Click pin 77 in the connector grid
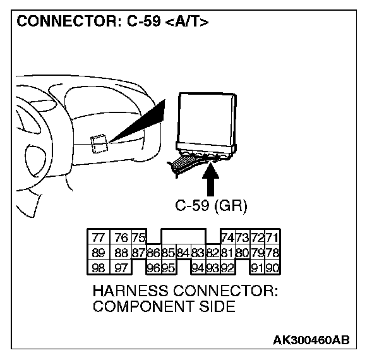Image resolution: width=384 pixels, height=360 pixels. click(98, 237)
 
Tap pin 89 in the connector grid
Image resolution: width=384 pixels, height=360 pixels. click(98, 253)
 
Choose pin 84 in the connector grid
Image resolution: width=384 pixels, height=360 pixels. click(183, 253)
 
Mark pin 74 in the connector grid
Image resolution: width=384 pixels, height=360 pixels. click(227, 237)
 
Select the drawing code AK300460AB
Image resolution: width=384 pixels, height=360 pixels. click(311, 340)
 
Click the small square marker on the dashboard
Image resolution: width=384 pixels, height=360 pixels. click(97, 143)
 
